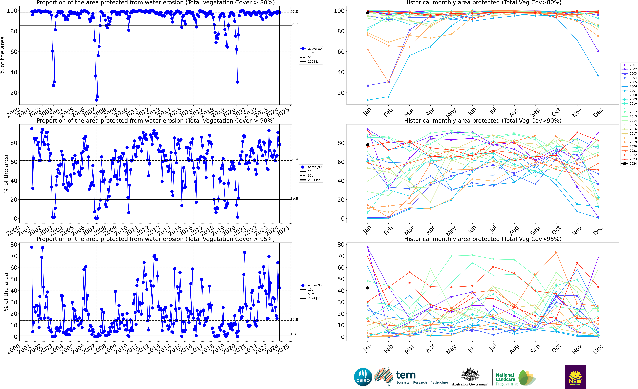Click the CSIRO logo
pyautogui.click(x=363, y=377)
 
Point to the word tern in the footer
pyautogui.click(x=406, y=375)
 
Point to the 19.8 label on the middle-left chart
pyautogui.click(x=294, y=199)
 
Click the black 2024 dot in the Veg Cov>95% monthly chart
pyautogui.click(x=367, y=288)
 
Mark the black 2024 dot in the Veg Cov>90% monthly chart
pyautogui.click(x=367, y=145)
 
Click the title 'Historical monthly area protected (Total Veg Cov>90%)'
pyautogui.click(x=483, y=121)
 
